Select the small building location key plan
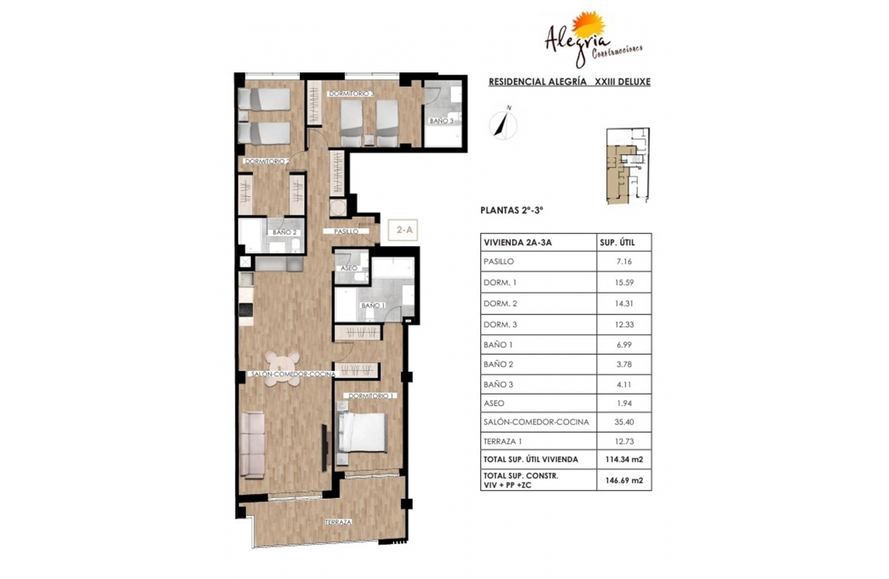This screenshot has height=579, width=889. (x=626, y=165)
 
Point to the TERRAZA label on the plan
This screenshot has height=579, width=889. (x=339, y=522)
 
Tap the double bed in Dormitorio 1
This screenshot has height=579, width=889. (x=363, y=432)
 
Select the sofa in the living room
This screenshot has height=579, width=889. (x=254, y=445)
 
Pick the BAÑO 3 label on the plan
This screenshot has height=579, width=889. (x=441, y=121)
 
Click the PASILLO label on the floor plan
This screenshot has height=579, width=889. (x=346, y=232)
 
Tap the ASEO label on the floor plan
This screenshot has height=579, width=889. (x=349, y=267)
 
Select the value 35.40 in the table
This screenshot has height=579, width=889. (x=623, y=423)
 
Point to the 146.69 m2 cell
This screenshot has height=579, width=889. (x=623, y=480)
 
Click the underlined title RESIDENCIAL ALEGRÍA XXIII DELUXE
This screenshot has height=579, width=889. (x=569, y=81)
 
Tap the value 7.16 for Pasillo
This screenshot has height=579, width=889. (x=623, y=262)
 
